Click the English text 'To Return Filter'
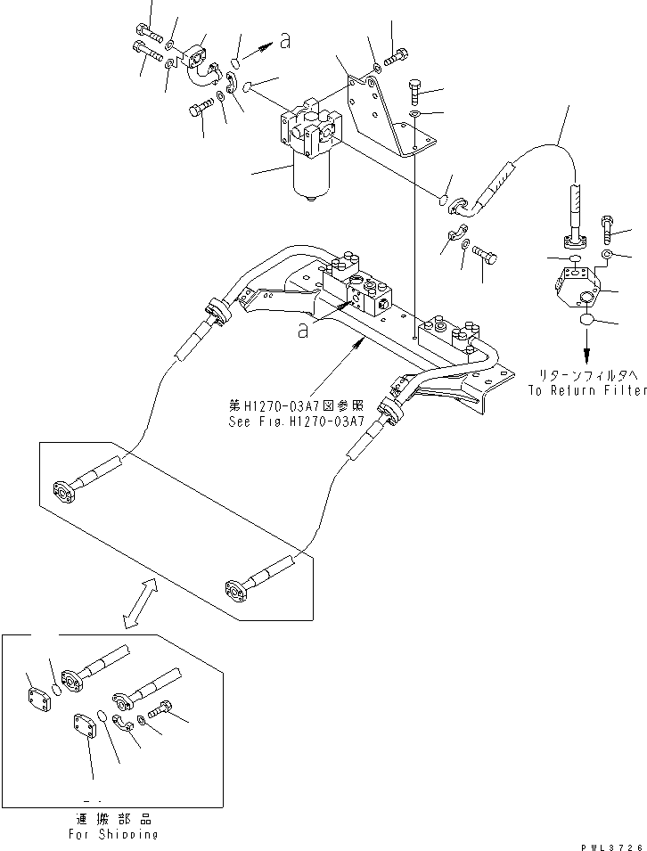coord(586,390)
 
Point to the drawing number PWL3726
coord(610,843)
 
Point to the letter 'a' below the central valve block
coord(304,330)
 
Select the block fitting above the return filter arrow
coord(580,284)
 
